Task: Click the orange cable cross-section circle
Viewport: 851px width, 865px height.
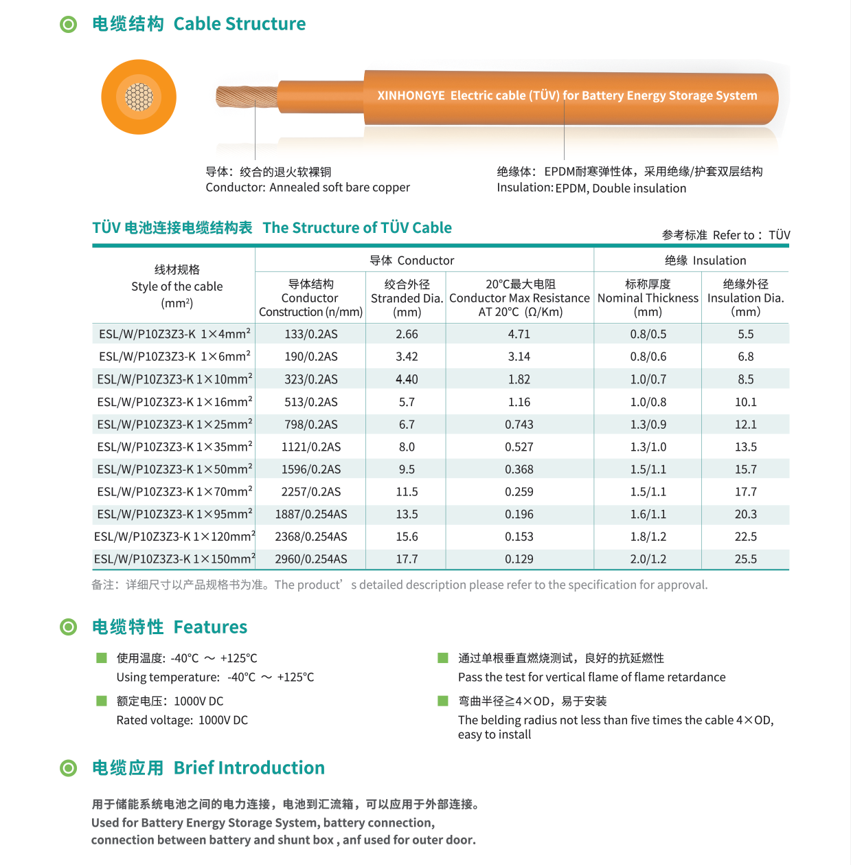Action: click(139, 97)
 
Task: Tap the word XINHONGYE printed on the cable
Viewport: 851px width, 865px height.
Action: click(411, 96)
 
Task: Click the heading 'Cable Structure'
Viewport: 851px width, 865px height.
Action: click(239, 24)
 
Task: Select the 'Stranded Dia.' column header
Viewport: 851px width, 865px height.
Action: click(407, 298)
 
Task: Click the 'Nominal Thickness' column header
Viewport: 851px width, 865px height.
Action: click(648, 298)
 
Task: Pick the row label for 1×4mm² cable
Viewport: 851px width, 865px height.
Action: click(174, 335)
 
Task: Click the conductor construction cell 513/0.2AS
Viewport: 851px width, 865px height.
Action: click(311, 402)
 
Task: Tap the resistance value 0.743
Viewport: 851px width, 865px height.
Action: click(519, 425)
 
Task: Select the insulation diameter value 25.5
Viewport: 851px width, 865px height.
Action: click(745, 559)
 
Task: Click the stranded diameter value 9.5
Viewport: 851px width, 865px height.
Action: click(407, 469)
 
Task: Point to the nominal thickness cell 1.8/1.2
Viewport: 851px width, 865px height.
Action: click(648, 537)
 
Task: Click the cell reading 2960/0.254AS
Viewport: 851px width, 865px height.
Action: click(311, 559)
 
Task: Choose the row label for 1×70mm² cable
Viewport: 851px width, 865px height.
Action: click(174, 492)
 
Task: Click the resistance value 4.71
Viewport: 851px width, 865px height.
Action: click(519, 335)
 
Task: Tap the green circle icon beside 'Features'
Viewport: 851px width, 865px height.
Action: click(69, 627)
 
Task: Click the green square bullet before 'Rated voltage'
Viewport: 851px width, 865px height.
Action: click(102, 701)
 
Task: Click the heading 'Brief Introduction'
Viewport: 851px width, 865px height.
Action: click(249, 767)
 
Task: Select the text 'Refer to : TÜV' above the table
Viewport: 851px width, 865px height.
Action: click(751, 235)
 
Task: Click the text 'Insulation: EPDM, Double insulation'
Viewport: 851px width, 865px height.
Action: click(591, 188)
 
